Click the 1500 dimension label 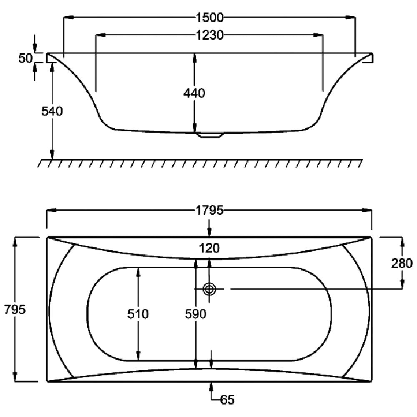pyautogui.click(x=210, y=18)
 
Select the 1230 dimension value pyautogui.click(x=210, y=35)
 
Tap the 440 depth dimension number pyautogui.click(x=194, y=93)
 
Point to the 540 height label pyautogui.click(x=52, y=111)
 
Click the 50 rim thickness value pyautogui.click(x=25, y=58)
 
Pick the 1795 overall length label pyautogui.click(x=209, y=211)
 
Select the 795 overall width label pyautogui.click(x=15, y=309)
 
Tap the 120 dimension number pyautogui.click(x=209, y=249)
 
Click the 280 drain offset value pyautogui.click(x=402, y=263)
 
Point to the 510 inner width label pyautogui.click(x=138, y=314)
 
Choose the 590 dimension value pyautogui.click(x=196, y=314)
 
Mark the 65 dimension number pyautogui.click(x=227, y=400)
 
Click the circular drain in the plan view pyautogui.click(x=209, y=289)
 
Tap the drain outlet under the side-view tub pyautogui.click(x=210, y=136)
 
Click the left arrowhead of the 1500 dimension pyautogui.click(x=68, y=18)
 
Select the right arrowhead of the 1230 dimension pyautogui.click(x=319, y=35)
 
